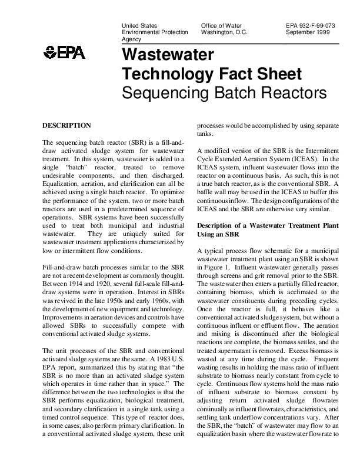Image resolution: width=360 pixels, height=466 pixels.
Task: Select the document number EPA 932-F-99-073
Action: (310, 26)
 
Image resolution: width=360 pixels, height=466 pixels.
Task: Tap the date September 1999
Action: (307, 32)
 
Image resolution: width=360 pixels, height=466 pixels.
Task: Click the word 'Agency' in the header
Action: (131, 39)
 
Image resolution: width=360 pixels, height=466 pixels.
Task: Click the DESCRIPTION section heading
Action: (66, 126)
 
